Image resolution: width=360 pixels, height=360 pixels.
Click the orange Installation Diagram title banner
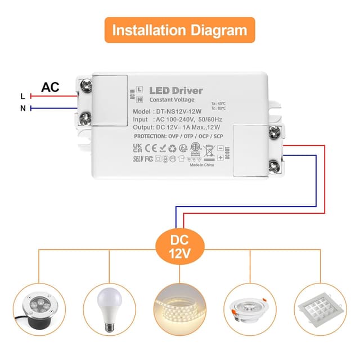(x=179, y=30)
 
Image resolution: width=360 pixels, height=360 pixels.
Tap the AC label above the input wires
(x=50, y=87)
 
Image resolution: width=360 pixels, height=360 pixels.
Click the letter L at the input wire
(x=22, y=96)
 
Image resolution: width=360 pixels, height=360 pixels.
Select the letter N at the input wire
(x=22, y=108)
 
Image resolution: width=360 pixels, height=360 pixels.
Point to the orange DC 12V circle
(x=179, y=246)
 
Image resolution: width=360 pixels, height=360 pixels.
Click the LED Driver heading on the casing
(x=175, y=91)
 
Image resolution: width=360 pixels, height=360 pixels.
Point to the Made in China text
(x=201, y=165)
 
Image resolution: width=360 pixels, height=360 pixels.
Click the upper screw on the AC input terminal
(x=86, y=86)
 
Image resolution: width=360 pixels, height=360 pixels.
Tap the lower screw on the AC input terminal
(x=86, y=118)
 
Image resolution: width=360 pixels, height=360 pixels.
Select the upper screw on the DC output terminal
(x=274, y=133)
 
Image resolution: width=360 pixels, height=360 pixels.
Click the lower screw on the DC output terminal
(x=274, y=165)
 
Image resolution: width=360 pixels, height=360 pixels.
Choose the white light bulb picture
(x=109, y=310)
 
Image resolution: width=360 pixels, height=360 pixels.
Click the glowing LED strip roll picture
(x=180, y=310)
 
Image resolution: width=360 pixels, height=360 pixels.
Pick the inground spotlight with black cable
(x=38, y=310)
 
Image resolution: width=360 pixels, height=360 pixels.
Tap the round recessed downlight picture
(x=250, y=310)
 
